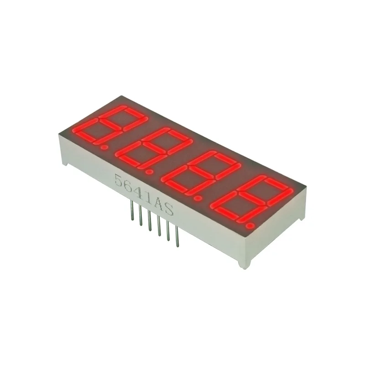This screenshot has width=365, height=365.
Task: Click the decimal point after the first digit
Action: click(104, 147)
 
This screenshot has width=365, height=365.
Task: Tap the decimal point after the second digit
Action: click(149, 172)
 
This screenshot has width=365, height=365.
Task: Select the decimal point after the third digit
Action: click(198, 198)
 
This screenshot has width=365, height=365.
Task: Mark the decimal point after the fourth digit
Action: click(249, 225)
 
